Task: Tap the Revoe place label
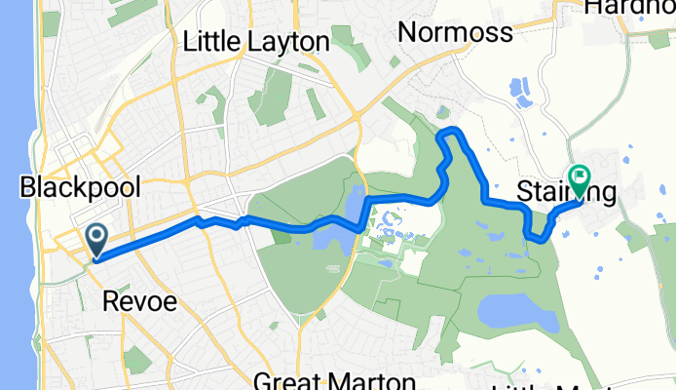pyautogui.click(x=139, y=301)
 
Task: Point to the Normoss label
pyautogui.click(x=456, y=33)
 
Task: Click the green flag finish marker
pyautogui.click(x=581, y=178)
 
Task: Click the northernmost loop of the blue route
pyautogui.click(x=449, y=132)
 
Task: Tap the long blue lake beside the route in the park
pyautogui.click(x=354, y=206)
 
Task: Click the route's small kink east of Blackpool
pyautogui.click(x=202, y=221)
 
